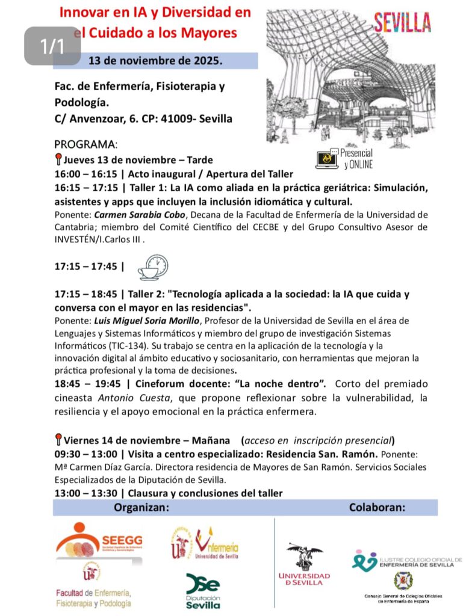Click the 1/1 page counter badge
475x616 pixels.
coord(52,45)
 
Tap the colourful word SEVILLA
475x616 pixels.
coord(402,22)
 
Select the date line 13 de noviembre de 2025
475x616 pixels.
coord(155,61)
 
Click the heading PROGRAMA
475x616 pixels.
coord(85,145)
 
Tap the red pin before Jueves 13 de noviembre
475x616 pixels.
coord(58,160)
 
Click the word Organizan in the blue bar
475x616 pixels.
coord(141,508)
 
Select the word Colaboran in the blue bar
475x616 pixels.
coord(377,508)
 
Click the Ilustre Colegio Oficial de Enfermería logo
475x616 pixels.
coord(407,560)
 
